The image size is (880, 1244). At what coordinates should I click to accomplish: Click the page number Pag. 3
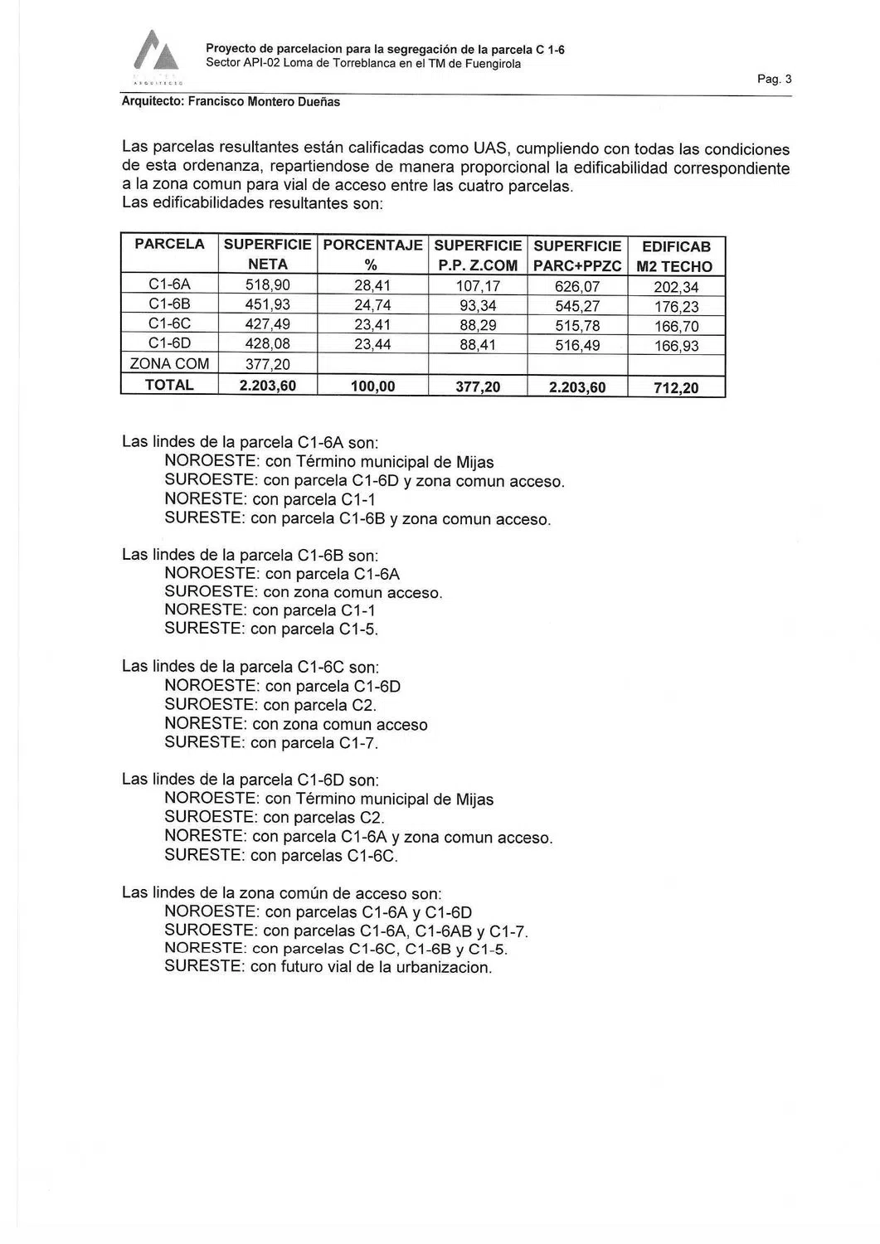pyautogui.click(x=775, y=80)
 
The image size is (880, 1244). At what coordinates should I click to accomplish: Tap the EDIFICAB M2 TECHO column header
pyautogui.click(x=676, y=256)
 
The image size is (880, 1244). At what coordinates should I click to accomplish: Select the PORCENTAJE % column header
pyautogui.click(x=372, y=255)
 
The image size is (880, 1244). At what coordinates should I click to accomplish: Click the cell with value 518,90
pyautogui.click(x=268, y=286)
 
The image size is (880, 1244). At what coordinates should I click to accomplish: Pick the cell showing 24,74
pyautogui.click(x=372, y=305)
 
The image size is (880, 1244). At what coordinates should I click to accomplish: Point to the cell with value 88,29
pyautogui.click(x=478, y=325)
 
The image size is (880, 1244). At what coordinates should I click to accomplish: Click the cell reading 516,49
pyautogui.click(x=577, y=345)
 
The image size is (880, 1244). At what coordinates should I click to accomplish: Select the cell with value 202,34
pyautogui.click(x=676, y=287)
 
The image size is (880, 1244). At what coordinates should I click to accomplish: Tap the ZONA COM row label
pyautogui.click(x=169, y=364)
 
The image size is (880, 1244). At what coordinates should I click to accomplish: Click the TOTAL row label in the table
pyautogui.click(x=169, y=386)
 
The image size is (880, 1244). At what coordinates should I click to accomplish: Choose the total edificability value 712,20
pyautogui.click(x=676, y=387)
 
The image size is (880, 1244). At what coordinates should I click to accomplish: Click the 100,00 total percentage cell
pyautogui.click(x=372, y=386)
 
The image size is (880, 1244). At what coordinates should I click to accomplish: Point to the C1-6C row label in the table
pyautogui.click(x=169, y=324)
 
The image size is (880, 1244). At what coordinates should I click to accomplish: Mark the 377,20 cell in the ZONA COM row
pyautogui.click(x=268, y=365)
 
